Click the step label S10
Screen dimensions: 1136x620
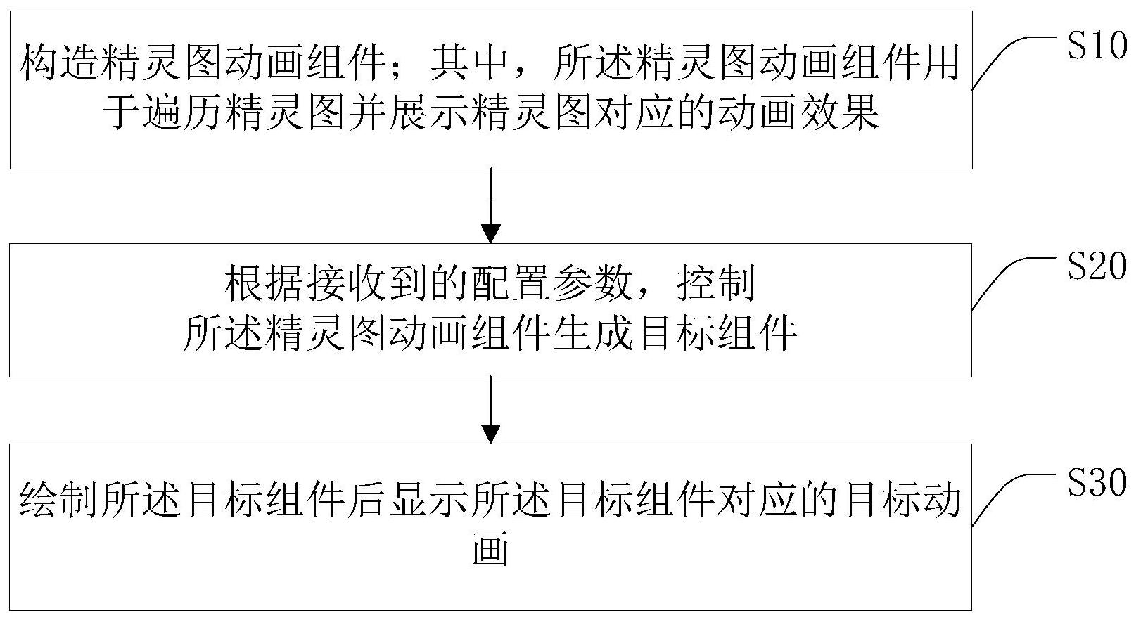[1097, 46]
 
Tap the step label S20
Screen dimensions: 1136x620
[1097, 266]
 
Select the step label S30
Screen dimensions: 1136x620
[1097, 482]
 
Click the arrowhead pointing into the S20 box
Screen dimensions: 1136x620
[491, 233]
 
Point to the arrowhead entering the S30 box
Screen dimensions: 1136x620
[491, 434]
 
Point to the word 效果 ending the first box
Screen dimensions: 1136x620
[839, 112]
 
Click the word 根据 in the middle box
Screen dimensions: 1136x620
[264, 283]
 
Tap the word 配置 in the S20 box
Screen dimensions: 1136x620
[511, 283]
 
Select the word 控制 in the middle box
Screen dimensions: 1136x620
[717, 283]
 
